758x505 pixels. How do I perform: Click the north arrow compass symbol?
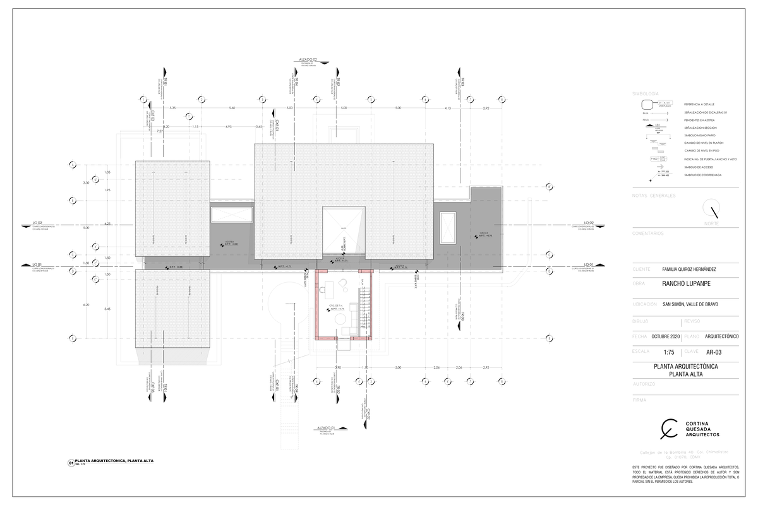(714, 210)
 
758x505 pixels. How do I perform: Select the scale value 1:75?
(670, 352)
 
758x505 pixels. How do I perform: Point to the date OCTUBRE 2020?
(665, 336)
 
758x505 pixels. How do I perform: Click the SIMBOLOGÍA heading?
(646, 93)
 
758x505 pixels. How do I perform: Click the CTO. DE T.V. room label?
(335, 306)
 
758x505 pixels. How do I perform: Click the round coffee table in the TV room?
(341, 319)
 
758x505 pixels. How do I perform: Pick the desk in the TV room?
(323, 290)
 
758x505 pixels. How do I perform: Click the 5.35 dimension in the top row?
(172, 109)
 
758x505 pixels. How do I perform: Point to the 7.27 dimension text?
(160, 131)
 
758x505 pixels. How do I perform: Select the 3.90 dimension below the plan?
(338, 367)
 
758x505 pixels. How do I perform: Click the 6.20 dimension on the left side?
(86, 304)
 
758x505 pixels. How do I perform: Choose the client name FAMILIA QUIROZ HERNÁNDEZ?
(689, 269)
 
